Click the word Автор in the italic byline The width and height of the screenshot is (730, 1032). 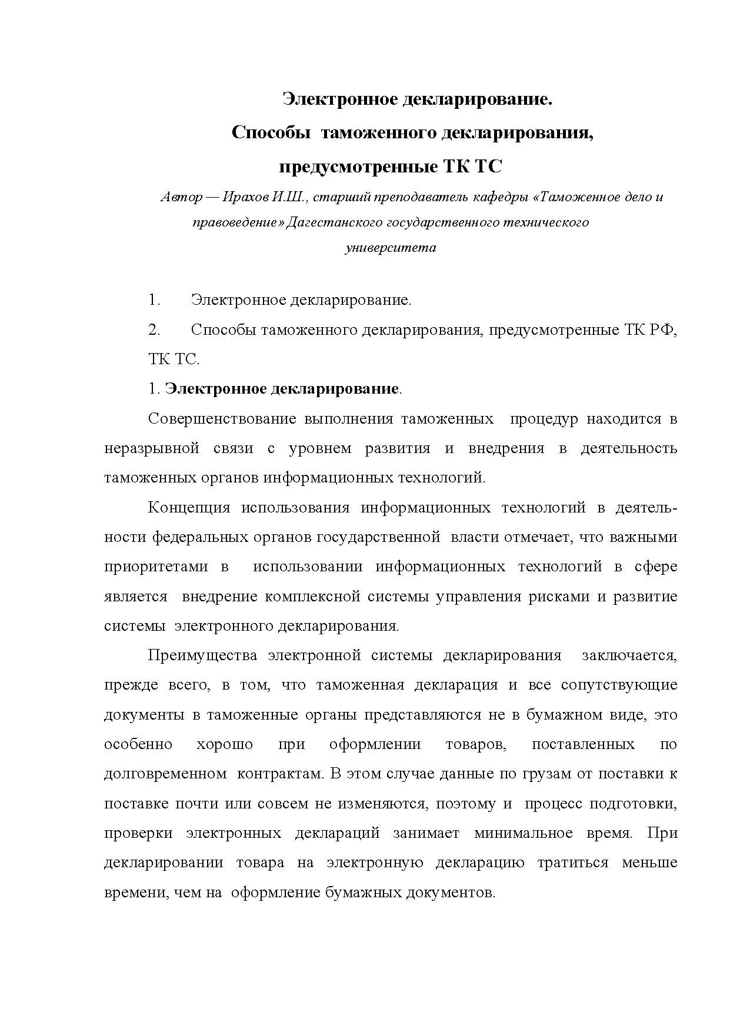click(x=181, y=198)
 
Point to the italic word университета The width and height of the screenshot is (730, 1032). click(x=390, y=248)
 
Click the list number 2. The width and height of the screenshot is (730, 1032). click(x=154, y=330)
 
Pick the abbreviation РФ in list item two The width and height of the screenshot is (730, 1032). click(x=663, y=330)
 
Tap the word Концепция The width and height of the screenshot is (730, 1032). click(x=189, y=508)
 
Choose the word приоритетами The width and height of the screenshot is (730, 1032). click(x=156, y=567)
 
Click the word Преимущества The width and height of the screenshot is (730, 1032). click(x=202, y=655)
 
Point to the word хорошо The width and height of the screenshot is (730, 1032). click(x=225, y=744)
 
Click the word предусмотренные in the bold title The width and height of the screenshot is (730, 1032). click(x=356, y=167)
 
